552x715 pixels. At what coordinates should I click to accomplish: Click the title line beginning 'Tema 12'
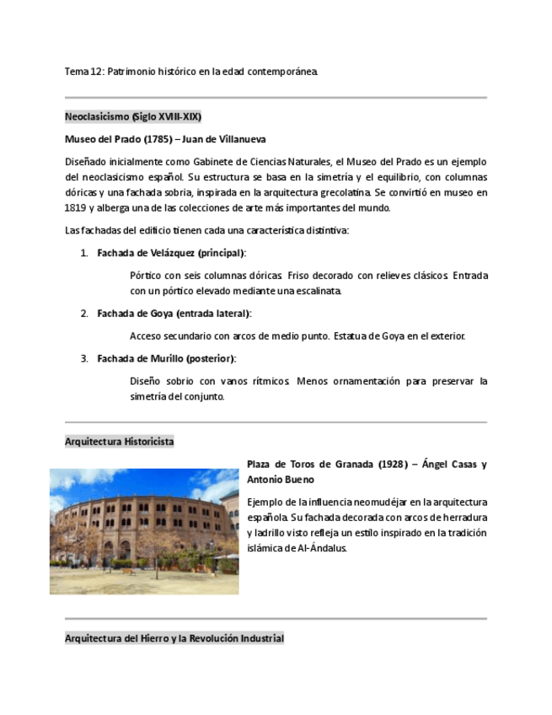tap(191, 72)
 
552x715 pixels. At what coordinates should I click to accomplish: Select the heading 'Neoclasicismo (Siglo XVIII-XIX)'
tap(133, 116)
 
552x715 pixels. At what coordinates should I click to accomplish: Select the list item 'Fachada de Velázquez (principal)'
tap(171, 253)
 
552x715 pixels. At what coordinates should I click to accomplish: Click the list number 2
tap(84, 314)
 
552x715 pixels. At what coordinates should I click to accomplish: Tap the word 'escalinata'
tap(315, 291)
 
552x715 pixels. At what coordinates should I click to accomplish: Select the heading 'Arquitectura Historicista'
tap(119, 442)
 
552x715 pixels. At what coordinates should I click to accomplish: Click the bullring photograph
tap(144, 531)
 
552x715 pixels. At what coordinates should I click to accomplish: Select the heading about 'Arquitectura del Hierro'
tap(174, 639)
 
